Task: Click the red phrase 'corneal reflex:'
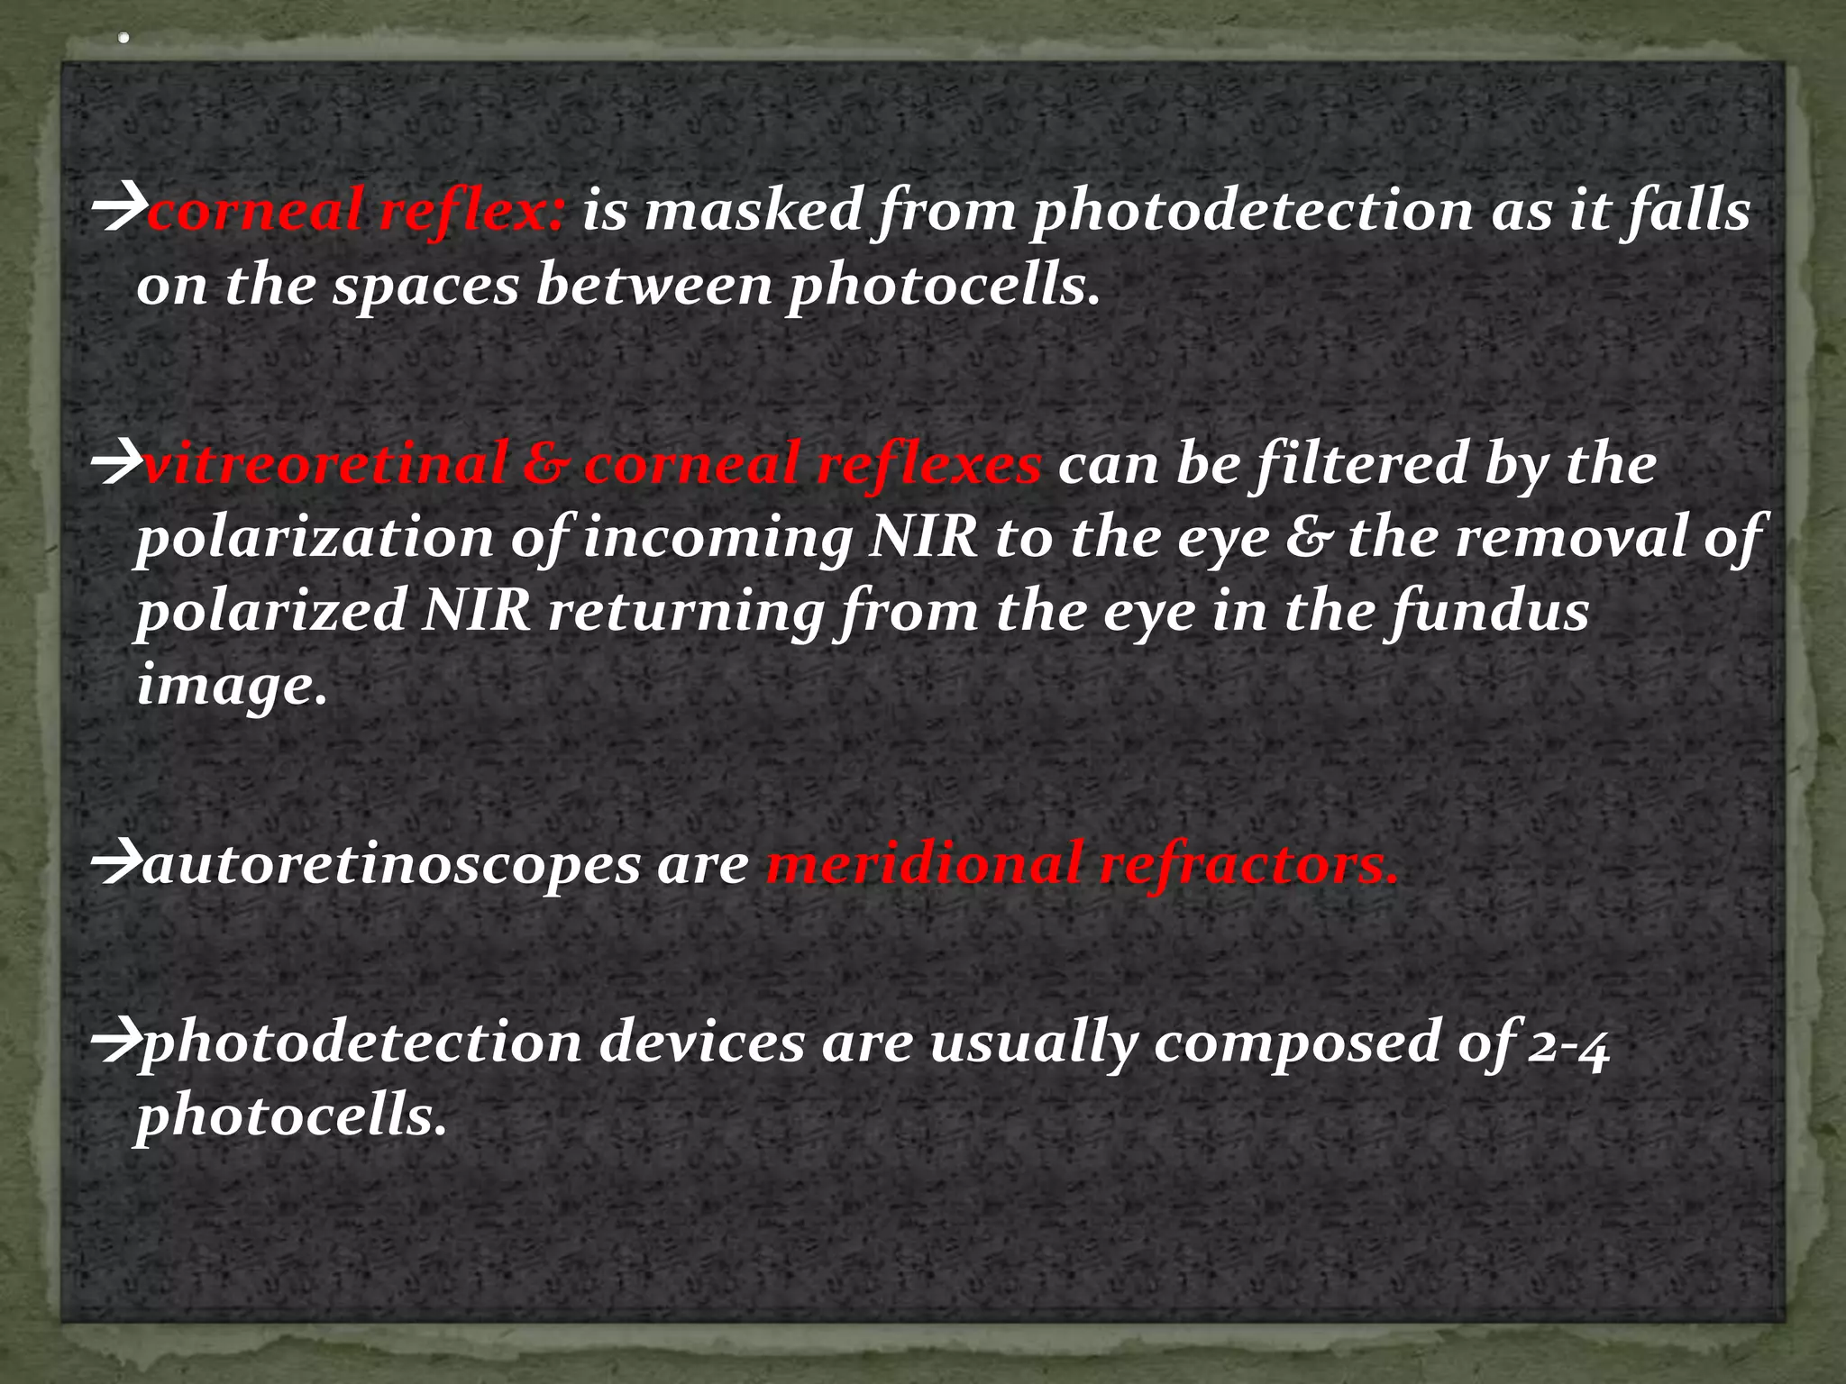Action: coord(357,211)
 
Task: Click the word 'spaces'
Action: coord(425,287)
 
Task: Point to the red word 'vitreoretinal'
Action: coord(324,464)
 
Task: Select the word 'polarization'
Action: coord(315,539)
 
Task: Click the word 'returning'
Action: coord(685,613)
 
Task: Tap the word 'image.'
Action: coord(232,687)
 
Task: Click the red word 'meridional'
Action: coord(923,865)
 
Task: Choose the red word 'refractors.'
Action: coord(1248,865)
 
